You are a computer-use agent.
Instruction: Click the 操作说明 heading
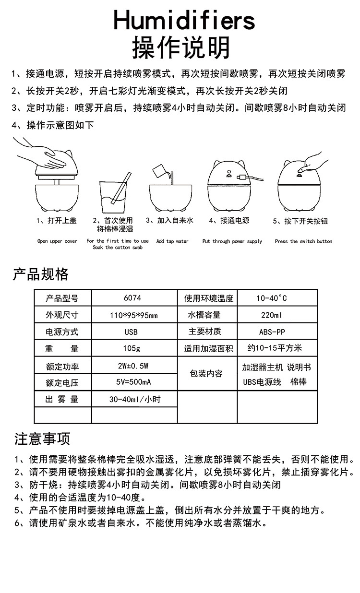[181, 47]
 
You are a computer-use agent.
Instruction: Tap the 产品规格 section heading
[40, 274]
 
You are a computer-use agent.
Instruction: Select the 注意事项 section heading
[42, 438]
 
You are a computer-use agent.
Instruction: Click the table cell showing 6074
[132, 298]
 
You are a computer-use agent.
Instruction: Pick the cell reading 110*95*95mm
[134, 315]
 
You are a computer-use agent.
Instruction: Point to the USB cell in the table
[131, 332]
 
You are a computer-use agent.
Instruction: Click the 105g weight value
[132, 349]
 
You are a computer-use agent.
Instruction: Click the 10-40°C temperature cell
[272, 298]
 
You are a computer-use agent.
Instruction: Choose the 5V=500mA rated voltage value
[134, 382]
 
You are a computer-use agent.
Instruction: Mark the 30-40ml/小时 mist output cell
[134, 399]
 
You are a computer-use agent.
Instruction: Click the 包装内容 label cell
[206, 373]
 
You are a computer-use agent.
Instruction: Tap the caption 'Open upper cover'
[57, 241]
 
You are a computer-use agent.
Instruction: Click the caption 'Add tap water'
[172, 241]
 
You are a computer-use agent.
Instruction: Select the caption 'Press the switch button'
[303, 241]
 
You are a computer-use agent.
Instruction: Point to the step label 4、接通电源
[229, 221]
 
